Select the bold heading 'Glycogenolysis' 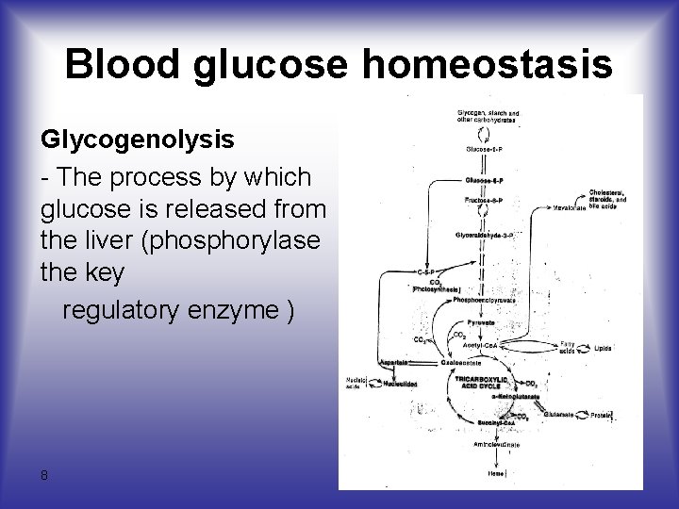coord(137,140)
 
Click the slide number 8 coord(44,475)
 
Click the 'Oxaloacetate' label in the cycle coord(460,362)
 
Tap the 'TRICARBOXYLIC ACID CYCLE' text coord(481,382)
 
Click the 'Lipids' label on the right coord(602,348)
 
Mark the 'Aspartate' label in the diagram coord(394,362)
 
